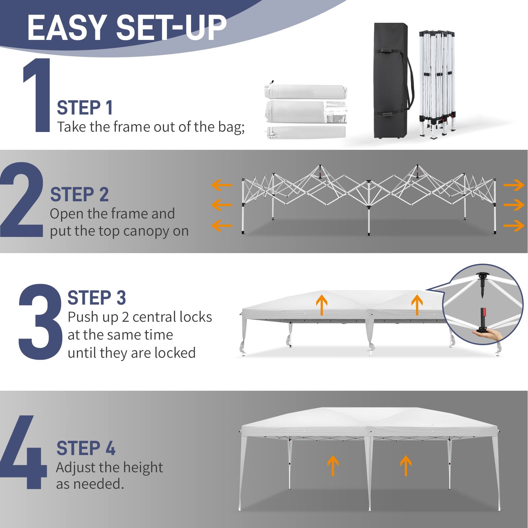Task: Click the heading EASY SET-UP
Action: click(x=127, y=28)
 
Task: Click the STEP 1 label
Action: click(x=85, y=108)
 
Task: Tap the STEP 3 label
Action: click(x=97, y=298)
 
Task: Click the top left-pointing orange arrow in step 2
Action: click(x=221, y=185)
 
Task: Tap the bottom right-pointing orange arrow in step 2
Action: click(x=514, y=226)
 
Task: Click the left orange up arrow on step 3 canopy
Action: click(x=321, y=305)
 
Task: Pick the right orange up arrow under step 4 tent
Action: click(x=406, y=465)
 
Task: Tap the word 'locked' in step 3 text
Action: click(x=175, y=353)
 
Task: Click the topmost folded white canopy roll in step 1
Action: click(x=305, y=91)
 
